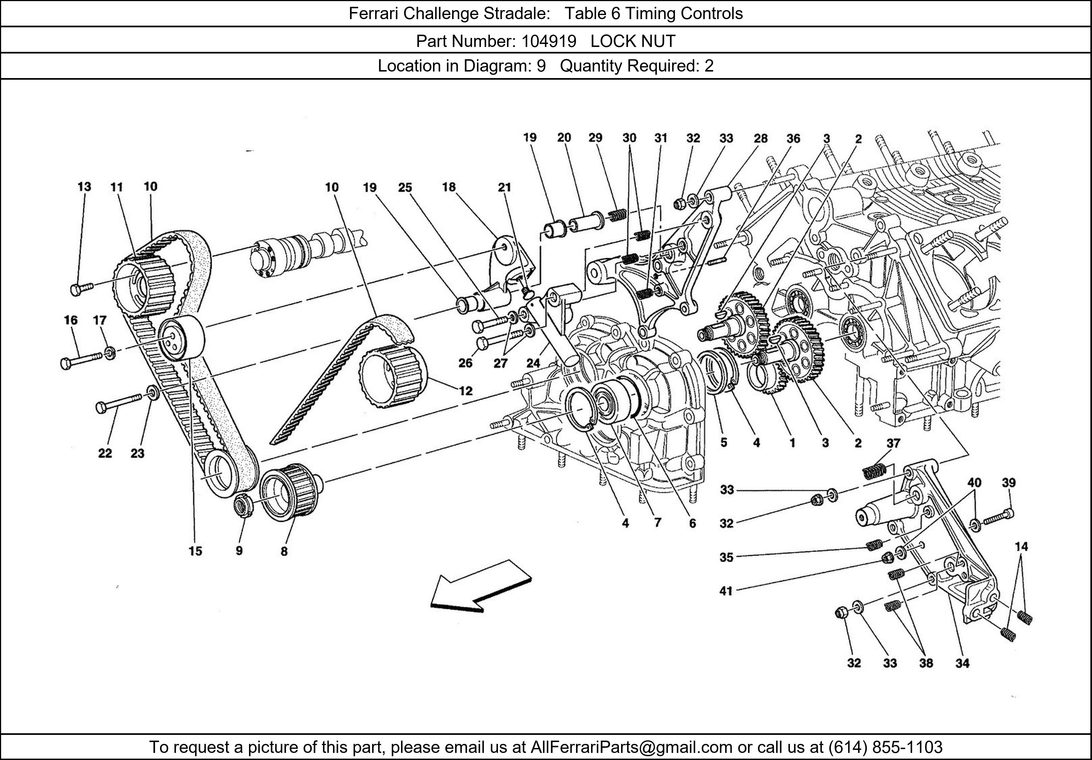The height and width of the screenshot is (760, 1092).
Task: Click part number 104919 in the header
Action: point(548,41)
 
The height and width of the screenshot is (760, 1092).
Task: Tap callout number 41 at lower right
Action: point(726,591)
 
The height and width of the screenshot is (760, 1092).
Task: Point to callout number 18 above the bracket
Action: point(449,187)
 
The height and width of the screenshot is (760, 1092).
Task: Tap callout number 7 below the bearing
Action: point(657,523)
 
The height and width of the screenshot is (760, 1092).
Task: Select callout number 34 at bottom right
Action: point(962,663)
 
